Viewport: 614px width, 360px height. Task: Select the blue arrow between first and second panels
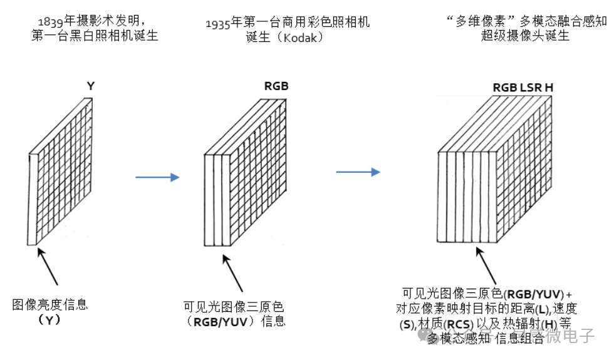(x=157, y=177)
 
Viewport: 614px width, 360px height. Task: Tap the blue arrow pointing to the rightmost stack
(x=358, y=172)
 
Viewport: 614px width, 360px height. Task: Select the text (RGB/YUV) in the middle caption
(x=220, y=322)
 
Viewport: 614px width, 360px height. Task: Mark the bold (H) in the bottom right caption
(x=551, y=324)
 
